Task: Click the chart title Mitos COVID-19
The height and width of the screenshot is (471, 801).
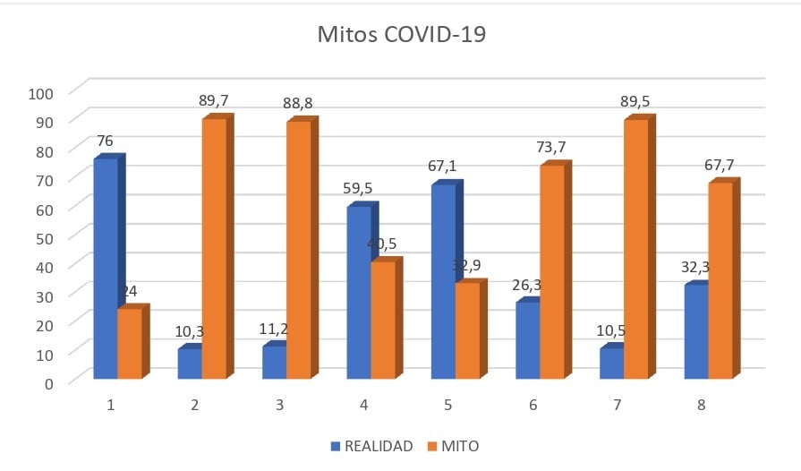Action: [x=402, y=35]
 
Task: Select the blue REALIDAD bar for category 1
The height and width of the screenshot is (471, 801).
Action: [x=106, y=269]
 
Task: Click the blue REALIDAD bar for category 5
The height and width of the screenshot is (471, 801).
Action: [x=443, y=282]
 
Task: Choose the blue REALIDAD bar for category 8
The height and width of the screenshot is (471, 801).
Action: [x=696, y=331]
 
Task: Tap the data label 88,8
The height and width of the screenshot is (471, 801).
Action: [x=299, y=104]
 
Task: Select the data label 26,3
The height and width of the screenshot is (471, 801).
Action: [x=527, y=285]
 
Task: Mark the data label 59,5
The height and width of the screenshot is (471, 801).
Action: [x=360, y=189]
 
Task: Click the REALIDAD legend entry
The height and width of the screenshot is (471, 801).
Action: [x=371, y=446]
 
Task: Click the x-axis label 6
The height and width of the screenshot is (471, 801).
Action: [x=533, y=406]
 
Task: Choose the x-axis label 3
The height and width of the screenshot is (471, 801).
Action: [x=280, y=406]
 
